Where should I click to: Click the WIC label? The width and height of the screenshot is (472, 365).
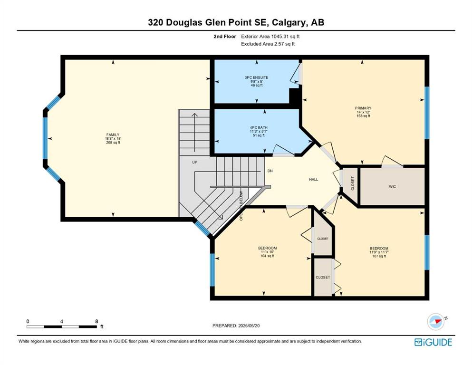[x=392, y=187]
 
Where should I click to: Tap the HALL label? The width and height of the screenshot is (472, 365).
[x=313, y=179]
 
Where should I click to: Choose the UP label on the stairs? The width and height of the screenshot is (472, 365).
[x=195, y=162]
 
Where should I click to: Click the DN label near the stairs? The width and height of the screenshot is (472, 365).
[x=270, y=171]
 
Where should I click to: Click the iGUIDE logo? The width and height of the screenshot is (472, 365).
[x=433, y=342]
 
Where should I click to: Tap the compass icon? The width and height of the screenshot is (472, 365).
[x=435, y=321]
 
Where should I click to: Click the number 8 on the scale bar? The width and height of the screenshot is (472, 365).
[x=96, y=321]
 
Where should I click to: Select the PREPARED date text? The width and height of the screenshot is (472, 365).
[x=236, y=326]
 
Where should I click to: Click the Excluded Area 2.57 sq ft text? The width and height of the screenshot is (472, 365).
[x=268, y=44]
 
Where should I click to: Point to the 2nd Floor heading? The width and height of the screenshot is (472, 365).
[x=225, y=37]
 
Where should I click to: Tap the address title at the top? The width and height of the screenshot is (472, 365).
[x=236, y=22]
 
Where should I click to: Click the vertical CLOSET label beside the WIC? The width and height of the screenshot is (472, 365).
[x=353, y=183]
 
